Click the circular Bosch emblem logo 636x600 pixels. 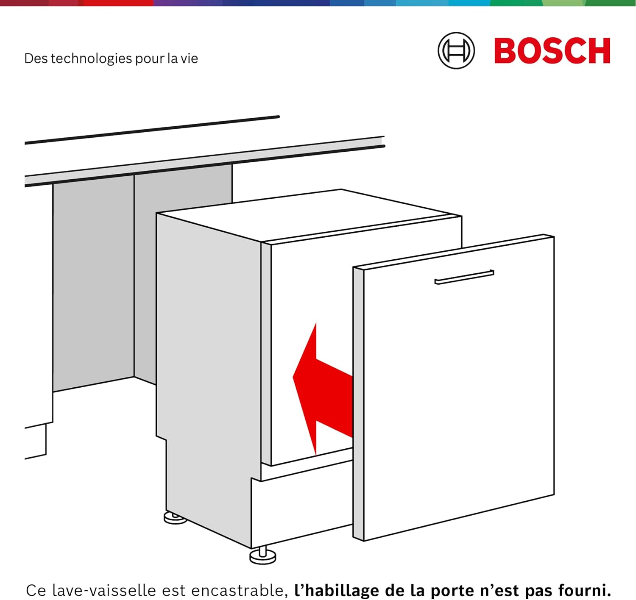click(x=456, y=50)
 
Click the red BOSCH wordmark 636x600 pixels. click(x=552, y=51)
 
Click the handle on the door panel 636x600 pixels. click(x=464, y=277)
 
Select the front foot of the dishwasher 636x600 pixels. click(x=262, y=556)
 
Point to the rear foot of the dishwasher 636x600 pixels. click(x=175, y=518)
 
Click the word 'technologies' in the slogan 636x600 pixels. click(x=92, y=58)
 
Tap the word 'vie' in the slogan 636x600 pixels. click(x=189, y=58)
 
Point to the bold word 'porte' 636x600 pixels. click(x=450, y=590)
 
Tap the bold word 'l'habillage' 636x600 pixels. click(x=337, y=590)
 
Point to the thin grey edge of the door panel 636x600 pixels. click(x=358, y=403)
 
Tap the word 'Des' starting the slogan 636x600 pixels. click(x=36, y=58)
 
